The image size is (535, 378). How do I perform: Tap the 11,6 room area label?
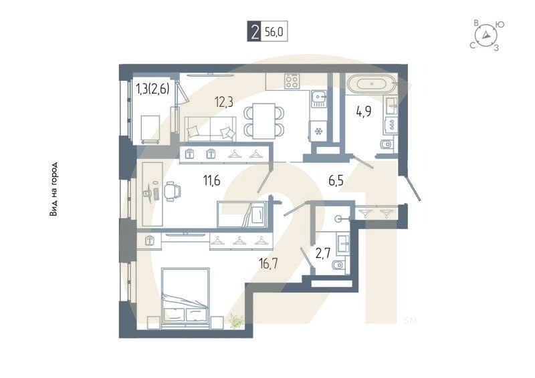point(213,178)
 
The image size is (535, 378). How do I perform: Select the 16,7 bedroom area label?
point(268,263)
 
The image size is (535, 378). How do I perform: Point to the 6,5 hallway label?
point(336,179)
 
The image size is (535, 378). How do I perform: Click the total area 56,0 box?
point(274,32)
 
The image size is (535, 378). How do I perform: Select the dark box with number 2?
point(253,32)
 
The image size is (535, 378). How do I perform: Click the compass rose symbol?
point(486,35)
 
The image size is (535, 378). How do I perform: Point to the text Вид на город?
point(53,190)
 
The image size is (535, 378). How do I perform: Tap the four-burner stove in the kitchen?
point(292,81)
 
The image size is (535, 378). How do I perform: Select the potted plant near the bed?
point(235,321)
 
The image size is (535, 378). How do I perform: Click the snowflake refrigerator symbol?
point(319,130)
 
